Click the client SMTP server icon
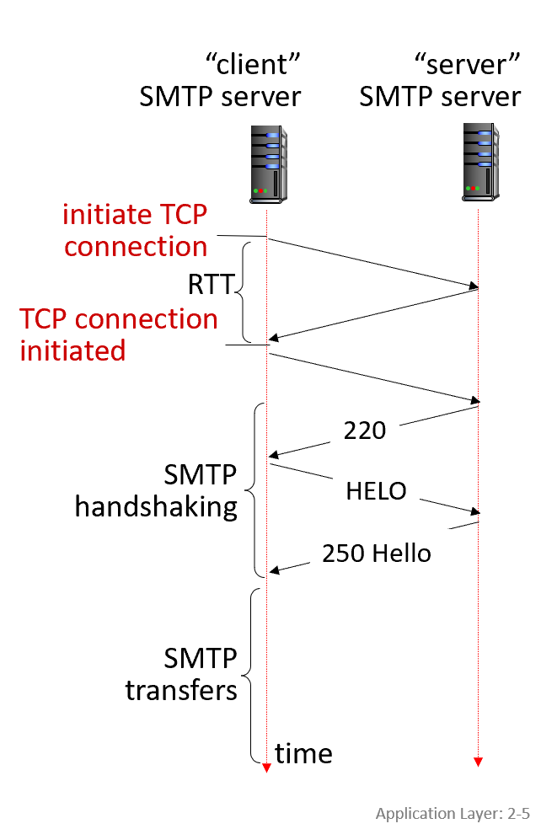pos(266,163)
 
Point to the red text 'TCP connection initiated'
pos(118,334)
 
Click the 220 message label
pos(365,431)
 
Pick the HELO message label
pos(376,490)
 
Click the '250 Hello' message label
pos(376,554)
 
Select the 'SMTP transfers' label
pos(181,673)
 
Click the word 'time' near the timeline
pos(303,753)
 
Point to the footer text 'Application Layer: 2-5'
pos(453,813)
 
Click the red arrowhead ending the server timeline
pos(478,762)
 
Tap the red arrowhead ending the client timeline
pos(266,767)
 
